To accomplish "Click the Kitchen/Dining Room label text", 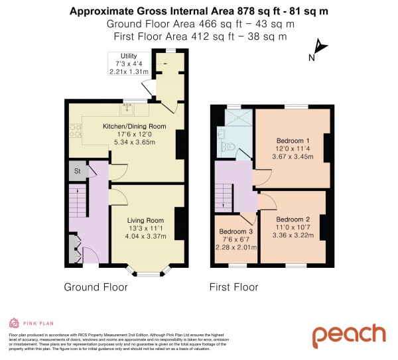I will pyautogui.click(x=125, y=126).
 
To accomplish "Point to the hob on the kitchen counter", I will pyautogui.click(x=73, y=132).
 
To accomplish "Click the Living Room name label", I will pyautogui.click(x=145, y=220).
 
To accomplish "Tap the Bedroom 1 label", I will pyautogui.click(x=292, y=141).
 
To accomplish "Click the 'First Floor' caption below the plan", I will pyautogui.click(x=233, y=288).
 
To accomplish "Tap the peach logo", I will pyautogui.click(x=348, y=335).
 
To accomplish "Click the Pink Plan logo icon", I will pyautogui.click(x=13, y=323).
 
